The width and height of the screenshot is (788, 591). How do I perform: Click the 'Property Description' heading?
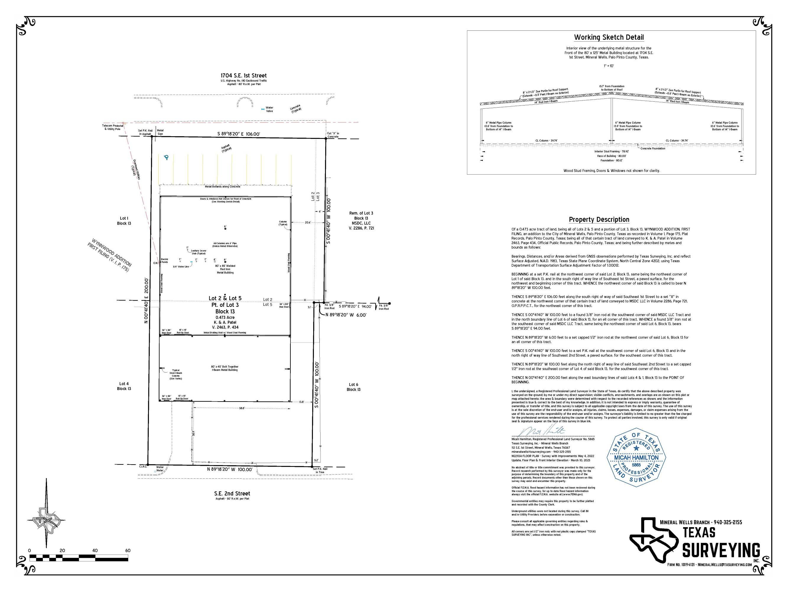coord(599,220)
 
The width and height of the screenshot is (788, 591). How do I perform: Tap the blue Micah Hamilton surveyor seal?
coord(636,457)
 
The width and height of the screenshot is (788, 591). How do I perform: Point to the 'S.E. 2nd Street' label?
coord(232,493)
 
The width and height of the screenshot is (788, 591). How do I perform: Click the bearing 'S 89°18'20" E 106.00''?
coord(239,134)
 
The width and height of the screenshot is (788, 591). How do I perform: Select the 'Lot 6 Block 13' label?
coord(353,387)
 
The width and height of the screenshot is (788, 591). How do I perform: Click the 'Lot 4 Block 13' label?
coord(124,386)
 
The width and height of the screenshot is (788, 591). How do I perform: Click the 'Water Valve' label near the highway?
coord(269,109)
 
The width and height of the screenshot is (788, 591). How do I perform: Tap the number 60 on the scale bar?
coord(128,551)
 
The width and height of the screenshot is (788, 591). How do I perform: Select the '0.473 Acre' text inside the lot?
coord(225,317)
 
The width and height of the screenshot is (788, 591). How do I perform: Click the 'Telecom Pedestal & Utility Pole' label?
coord(113,127)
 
